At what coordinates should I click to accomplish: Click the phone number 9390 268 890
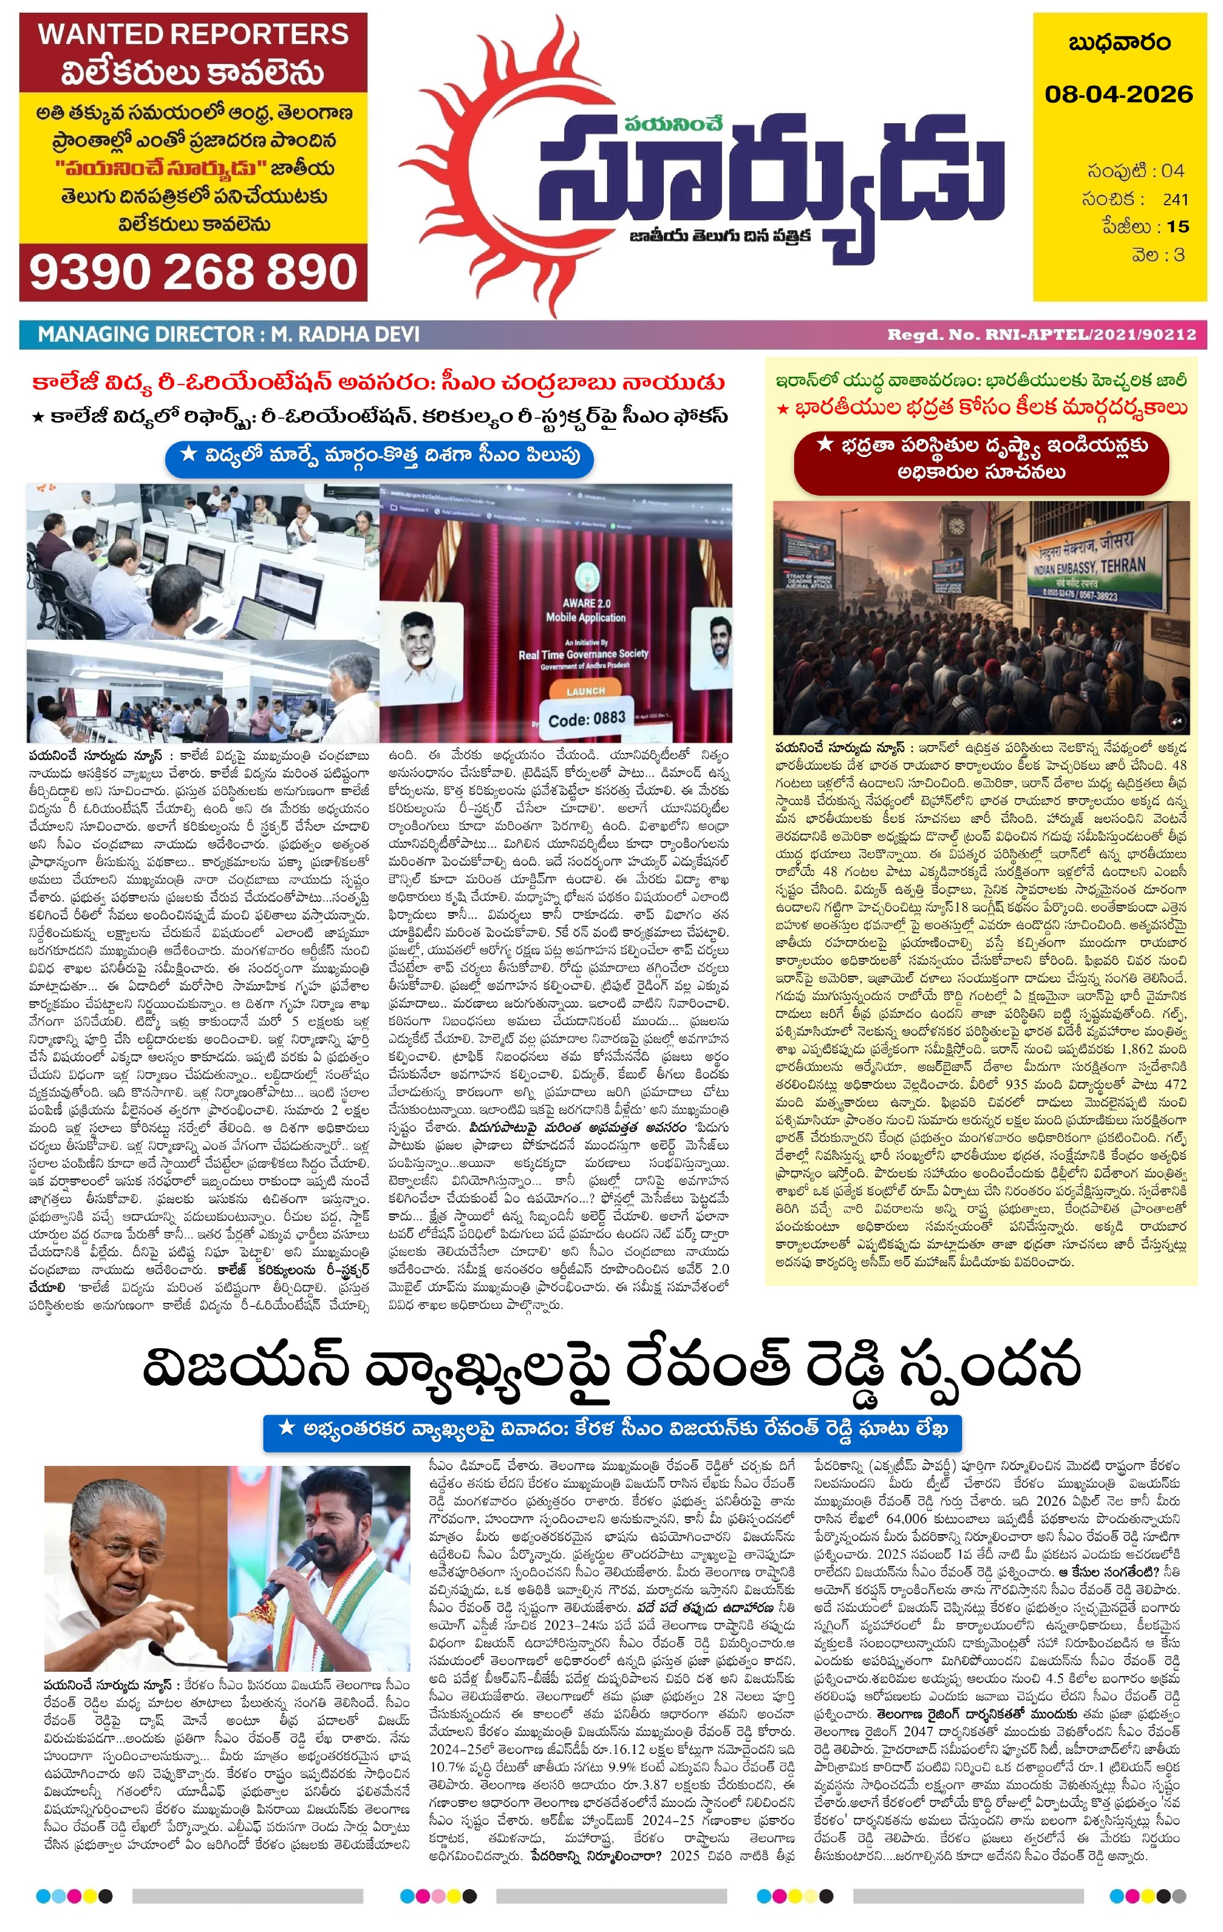pyautogui.click(x=193, y=273)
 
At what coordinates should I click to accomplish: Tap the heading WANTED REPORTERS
pyautogui.click(x=193, y=34)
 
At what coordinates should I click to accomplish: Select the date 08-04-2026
pyautogui.click(x=1119, y=94)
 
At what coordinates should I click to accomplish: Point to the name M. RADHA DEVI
pyautogui.click(x=345, y=334)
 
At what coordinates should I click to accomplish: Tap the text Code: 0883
pyautogui.click(x=586, y=718)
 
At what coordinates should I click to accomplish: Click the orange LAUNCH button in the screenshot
pyautogui.click(x=585, y=691)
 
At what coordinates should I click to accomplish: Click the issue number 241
pyautogui.click(x=1175, y=199)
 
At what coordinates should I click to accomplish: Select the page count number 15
pyautogui.click(x=1177, y=226)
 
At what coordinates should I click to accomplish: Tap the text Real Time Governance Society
pyautogui.click(x=583, y=654)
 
